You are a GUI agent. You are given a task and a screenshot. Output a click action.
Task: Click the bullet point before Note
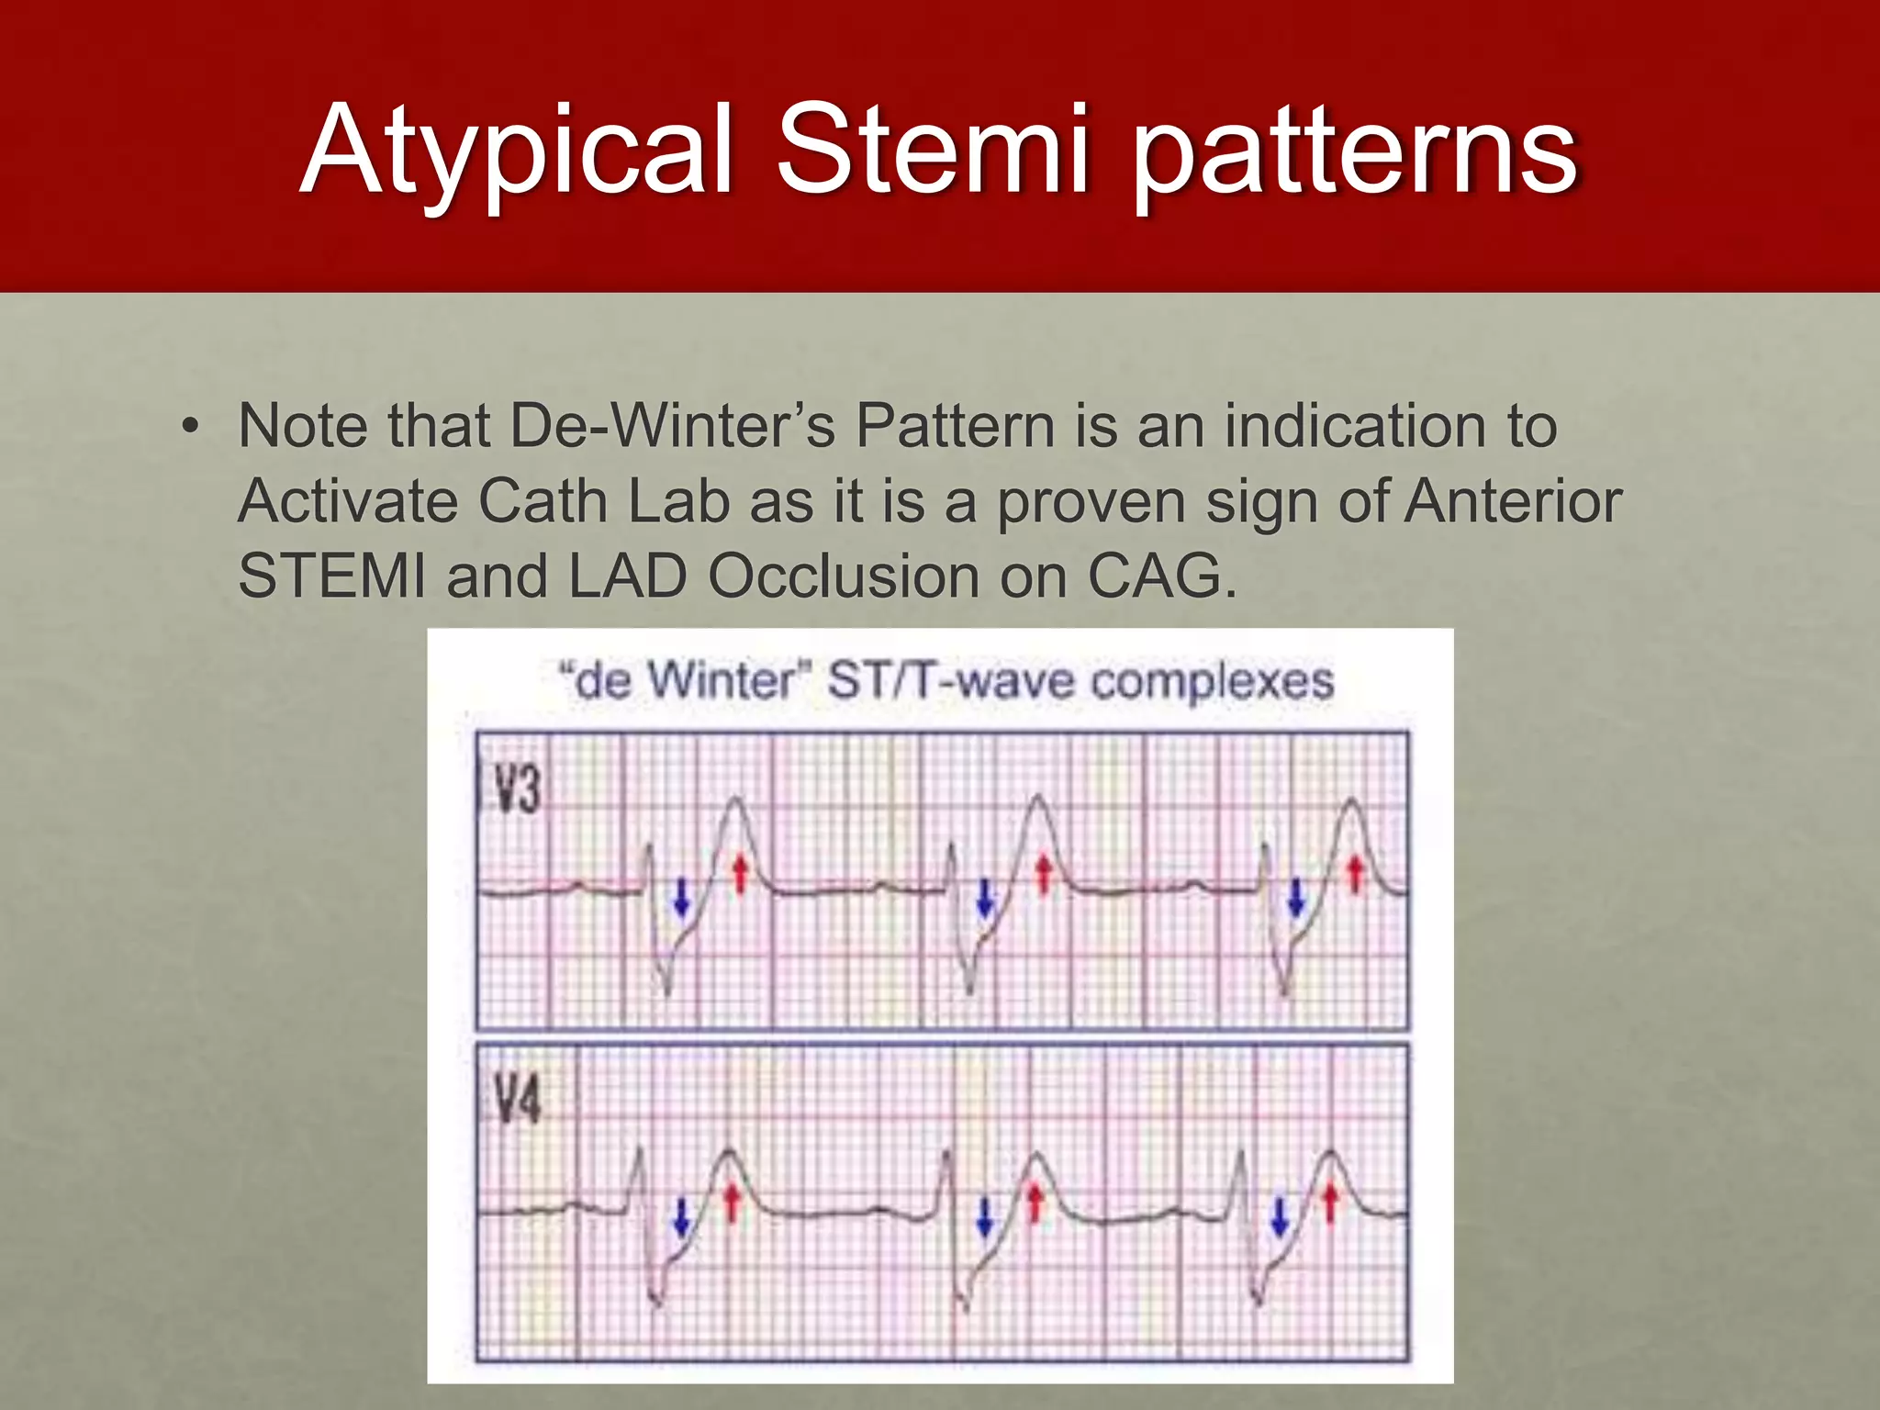click(190, 428)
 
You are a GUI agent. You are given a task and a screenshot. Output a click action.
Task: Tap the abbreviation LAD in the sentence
click(628, 576)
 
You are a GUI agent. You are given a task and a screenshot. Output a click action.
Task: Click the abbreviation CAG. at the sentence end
click(1162, 576)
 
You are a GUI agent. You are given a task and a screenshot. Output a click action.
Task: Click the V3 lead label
click(516, 789)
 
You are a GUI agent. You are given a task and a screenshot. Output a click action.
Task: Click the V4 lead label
click(516, 1099)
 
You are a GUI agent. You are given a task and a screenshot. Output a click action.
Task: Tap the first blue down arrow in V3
click(681, 896)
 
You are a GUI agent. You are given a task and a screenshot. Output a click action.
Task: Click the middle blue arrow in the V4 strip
click(984, 1216)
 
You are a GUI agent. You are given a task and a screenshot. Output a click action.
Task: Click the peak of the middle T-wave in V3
click(1039, 799)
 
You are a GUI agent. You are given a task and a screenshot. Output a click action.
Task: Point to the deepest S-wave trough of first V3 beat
click(667, 991)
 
